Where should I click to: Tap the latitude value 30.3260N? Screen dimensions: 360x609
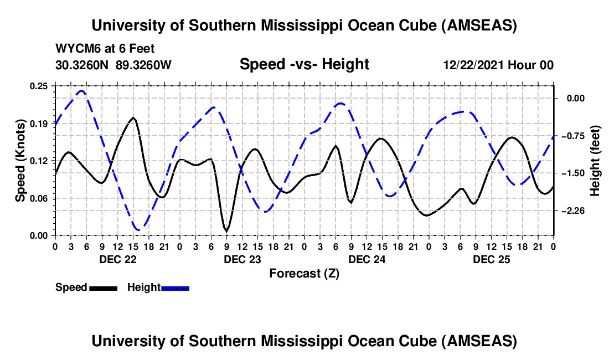pos(82,64)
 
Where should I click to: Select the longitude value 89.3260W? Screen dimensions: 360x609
pos(143,64)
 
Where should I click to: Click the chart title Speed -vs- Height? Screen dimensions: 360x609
pos(304,64)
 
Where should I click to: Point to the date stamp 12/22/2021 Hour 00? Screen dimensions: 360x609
pos(498,65)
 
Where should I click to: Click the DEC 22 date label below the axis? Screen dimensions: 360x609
pos(117,259)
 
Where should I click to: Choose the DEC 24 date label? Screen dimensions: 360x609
pos(367,259)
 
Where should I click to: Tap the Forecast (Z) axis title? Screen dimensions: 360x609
pos(304,273)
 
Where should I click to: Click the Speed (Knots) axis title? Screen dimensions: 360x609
pos(20,161)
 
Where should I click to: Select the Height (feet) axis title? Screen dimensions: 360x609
pos(596,161)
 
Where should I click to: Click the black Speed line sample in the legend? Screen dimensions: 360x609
pos(102,288)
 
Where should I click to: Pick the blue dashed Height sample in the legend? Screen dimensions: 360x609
pos(175,288)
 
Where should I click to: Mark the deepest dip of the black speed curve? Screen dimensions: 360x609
pos(226,230)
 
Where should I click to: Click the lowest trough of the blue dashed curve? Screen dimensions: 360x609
pos(137,229)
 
